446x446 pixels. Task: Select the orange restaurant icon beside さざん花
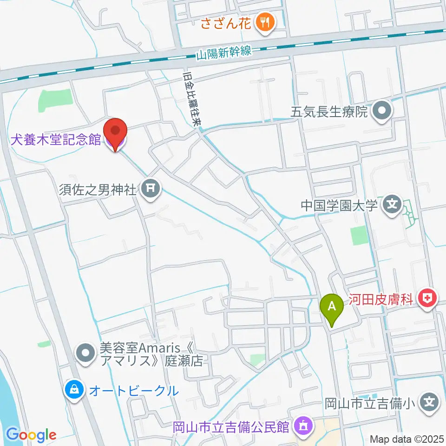[x=266, y=22]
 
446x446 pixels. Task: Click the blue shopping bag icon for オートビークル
[x=75, y=390]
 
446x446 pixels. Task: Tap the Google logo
[x=31, y=435]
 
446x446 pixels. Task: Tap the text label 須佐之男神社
[x=98, y=190]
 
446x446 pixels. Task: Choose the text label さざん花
[x=227, y=22]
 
